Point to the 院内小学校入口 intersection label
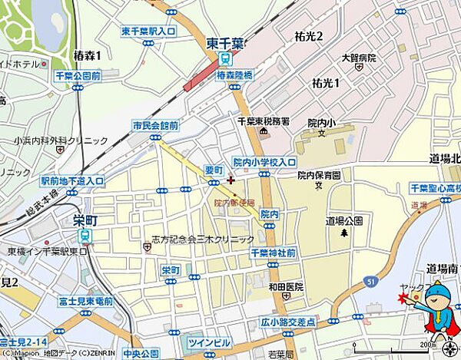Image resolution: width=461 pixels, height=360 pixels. pyautogui.click(x=264, y=162)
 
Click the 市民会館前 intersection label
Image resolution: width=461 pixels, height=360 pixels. pyautogui.click(x=155, y=125)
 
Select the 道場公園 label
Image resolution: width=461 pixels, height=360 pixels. pyautogui.click(x=344, y=220)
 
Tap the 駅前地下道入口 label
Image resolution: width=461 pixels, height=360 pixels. pyautogui.click(x=72, y=181)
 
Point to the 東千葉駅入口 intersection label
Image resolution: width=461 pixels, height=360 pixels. pyautogui.click(x=148, y=31)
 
